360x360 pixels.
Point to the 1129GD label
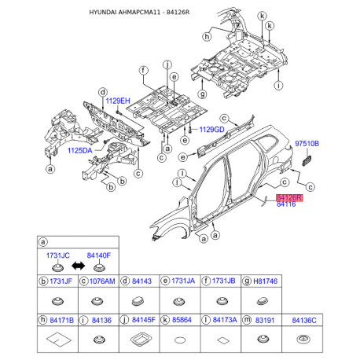[211, 129]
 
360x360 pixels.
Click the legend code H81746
[267, 281]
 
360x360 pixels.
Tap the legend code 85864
[182, 320]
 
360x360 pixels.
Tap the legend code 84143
[141, 281]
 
